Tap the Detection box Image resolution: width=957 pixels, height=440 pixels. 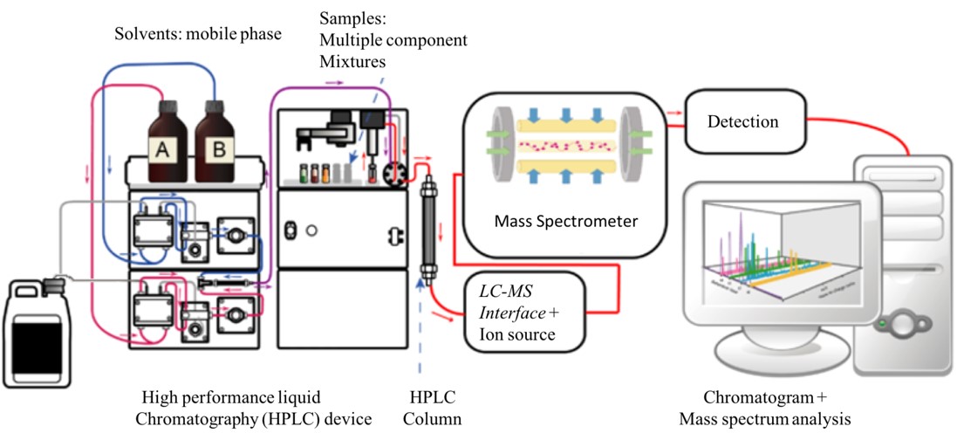click(x=742, y=121)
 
